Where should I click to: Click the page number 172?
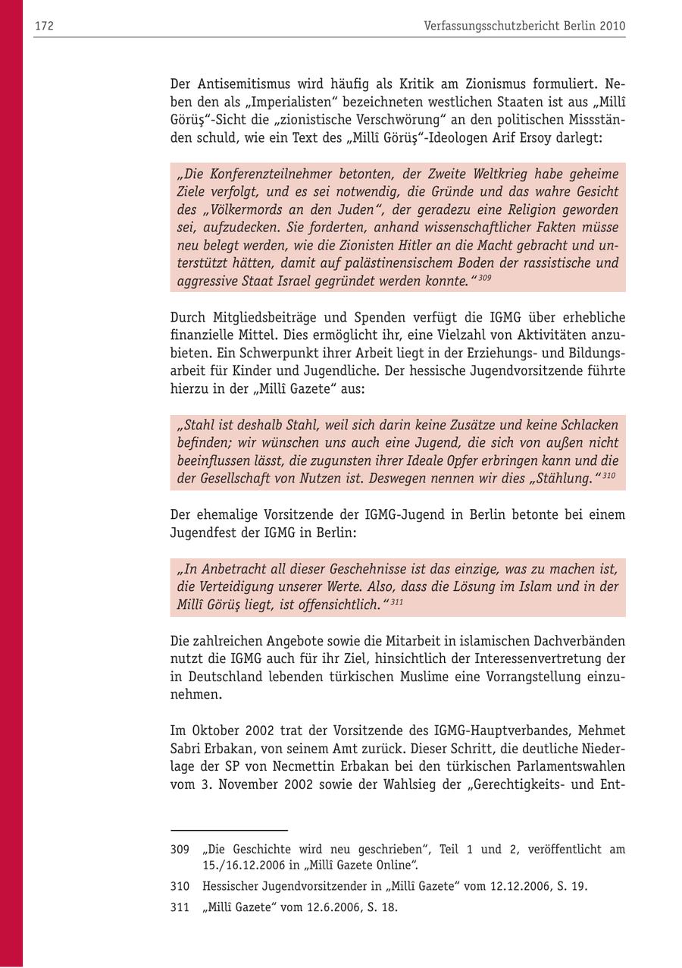tap(43, 26)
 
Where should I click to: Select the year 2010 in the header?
tap(612, 26)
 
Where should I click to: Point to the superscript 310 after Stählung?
tap(608, 476)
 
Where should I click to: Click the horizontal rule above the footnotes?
tap(229, 831)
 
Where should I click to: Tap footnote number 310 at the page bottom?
tap(180, 886)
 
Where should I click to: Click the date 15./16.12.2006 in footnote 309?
tap(250, 865)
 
